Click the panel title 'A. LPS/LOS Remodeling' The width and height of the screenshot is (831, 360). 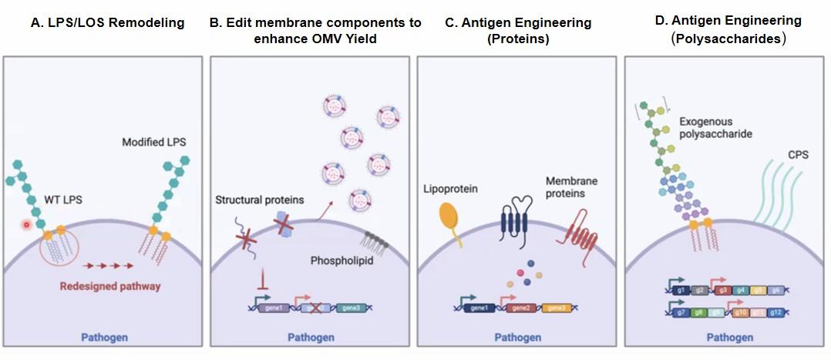[107, 22]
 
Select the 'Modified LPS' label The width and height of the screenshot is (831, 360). [154, 143]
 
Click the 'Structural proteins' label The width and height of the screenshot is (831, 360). [260, 200]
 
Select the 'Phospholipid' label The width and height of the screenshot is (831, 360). [342, 261]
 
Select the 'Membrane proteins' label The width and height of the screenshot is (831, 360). [571, 186]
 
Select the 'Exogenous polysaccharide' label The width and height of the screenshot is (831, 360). [716, 128]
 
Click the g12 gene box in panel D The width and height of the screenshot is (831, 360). [776, 311]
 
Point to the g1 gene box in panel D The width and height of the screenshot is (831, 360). [680, 290]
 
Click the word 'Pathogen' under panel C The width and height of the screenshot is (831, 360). [518, 338]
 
